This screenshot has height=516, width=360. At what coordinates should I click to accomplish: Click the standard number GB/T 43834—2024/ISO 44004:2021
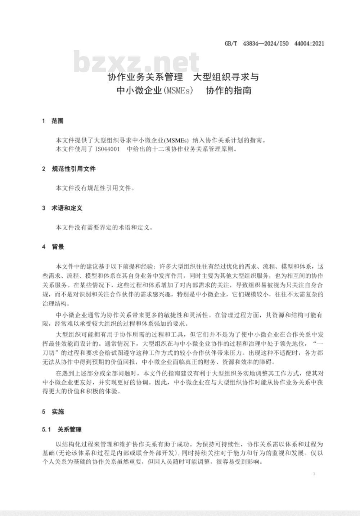coord(274,44)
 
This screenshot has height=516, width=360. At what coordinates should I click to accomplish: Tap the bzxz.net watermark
coord(136,62)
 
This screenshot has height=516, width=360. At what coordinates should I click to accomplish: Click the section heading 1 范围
coord(53,121)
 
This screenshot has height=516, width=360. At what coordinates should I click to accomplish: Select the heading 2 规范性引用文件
coord(69,169)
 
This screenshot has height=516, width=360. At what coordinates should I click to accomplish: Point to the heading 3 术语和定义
coord(62,208)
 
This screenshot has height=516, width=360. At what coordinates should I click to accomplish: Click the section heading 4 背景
coord(53,247)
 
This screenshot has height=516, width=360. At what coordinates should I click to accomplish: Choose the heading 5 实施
coord(53,412)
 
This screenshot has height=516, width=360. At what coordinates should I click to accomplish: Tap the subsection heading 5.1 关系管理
coord(62,429)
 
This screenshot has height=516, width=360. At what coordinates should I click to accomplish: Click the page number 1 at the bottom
coord(314,474)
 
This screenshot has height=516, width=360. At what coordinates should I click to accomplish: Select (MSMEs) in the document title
coord(179,91)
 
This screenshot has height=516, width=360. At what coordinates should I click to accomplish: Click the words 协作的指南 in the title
coord(229,91)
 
